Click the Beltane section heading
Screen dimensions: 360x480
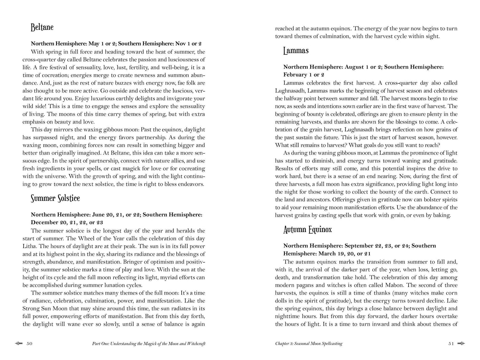(42, 27)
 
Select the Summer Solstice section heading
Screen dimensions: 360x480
(55, 198)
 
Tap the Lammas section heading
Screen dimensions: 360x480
(296, 51)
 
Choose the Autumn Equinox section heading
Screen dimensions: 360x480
(307, 229)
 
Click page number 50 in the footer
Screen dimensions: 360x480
(29, 344)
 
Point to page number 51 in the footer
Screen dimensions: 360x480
(451, 344)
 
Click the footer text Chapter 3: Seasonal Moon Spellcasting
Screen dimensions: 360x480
(309, 344)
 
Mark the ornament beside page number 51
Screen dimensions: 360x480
(461, 344)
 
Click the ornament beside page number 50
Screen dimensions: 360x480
(19, 344)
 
